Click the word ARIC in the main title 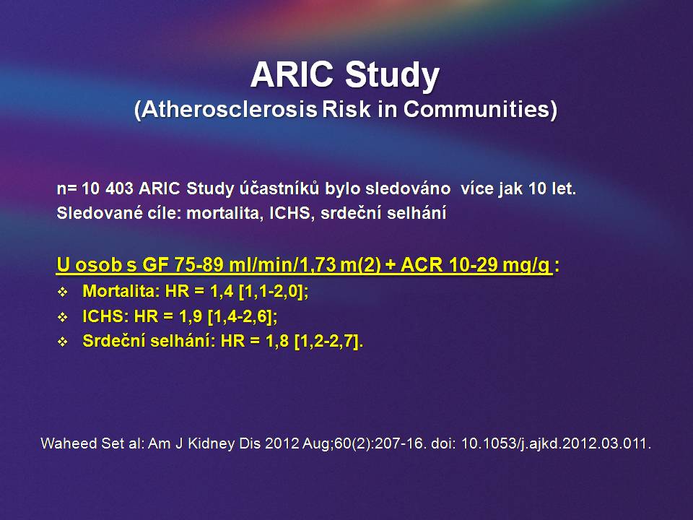point(292,74)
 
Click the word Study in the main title point(393,76)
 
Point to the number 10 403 point(108,188)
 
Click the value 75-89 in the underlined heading point(199,265)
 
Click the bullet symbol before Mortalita point(63,292)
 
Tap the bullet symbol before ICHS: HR point(63,317)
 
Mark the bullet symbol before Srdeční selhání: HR point(63,342)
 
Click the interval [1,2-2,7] point(327,342)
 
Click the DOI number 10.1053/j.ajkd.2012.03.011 point(556,443)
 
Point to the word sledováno point(408,188)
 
